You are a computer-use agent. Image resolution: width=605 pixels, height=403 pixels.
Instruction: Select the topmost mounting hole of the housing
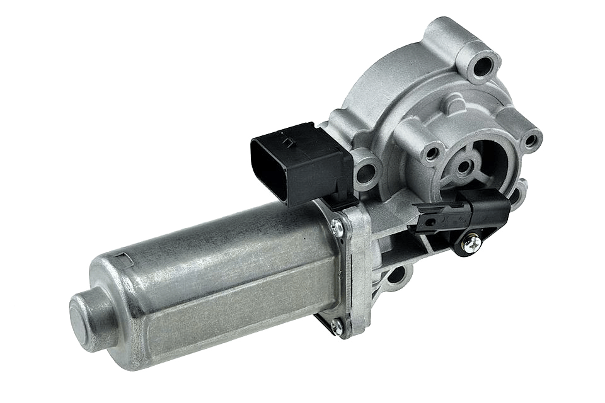[x=485, y=64]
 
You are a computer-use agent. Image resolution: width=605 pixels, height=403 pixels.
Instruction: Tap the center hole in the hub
[x=464, y=167]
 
